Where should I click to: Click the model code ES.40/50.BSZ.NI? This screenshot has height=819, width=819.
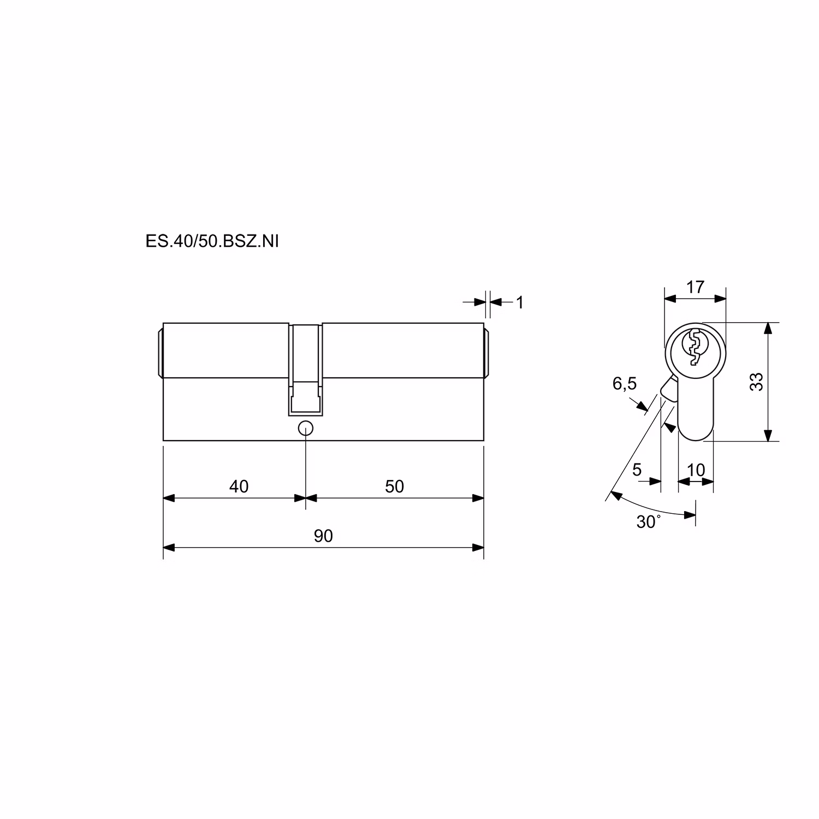[212, 241]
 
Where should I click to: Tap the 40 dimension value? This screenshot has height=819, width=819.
[239, 486]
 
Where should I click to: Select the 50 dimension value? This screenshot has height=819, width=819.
[394, 486]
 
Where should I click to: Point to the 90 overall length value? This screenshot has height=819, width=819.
[323, 536]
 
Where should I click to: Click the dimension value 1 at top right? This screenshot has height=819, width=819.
[520, 302]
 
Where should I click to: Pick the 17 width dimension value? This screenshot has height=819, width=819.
[695, 287]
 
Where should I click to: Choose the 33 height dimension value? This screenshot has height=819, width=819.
[756, 381]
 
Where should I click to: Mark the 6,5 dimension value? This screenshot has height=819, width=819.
[625, 384]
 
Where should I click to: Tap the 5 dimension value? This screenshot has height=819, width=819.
[637, 470]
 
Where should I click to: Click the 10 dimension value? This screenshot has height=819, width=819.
[696, 470]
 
